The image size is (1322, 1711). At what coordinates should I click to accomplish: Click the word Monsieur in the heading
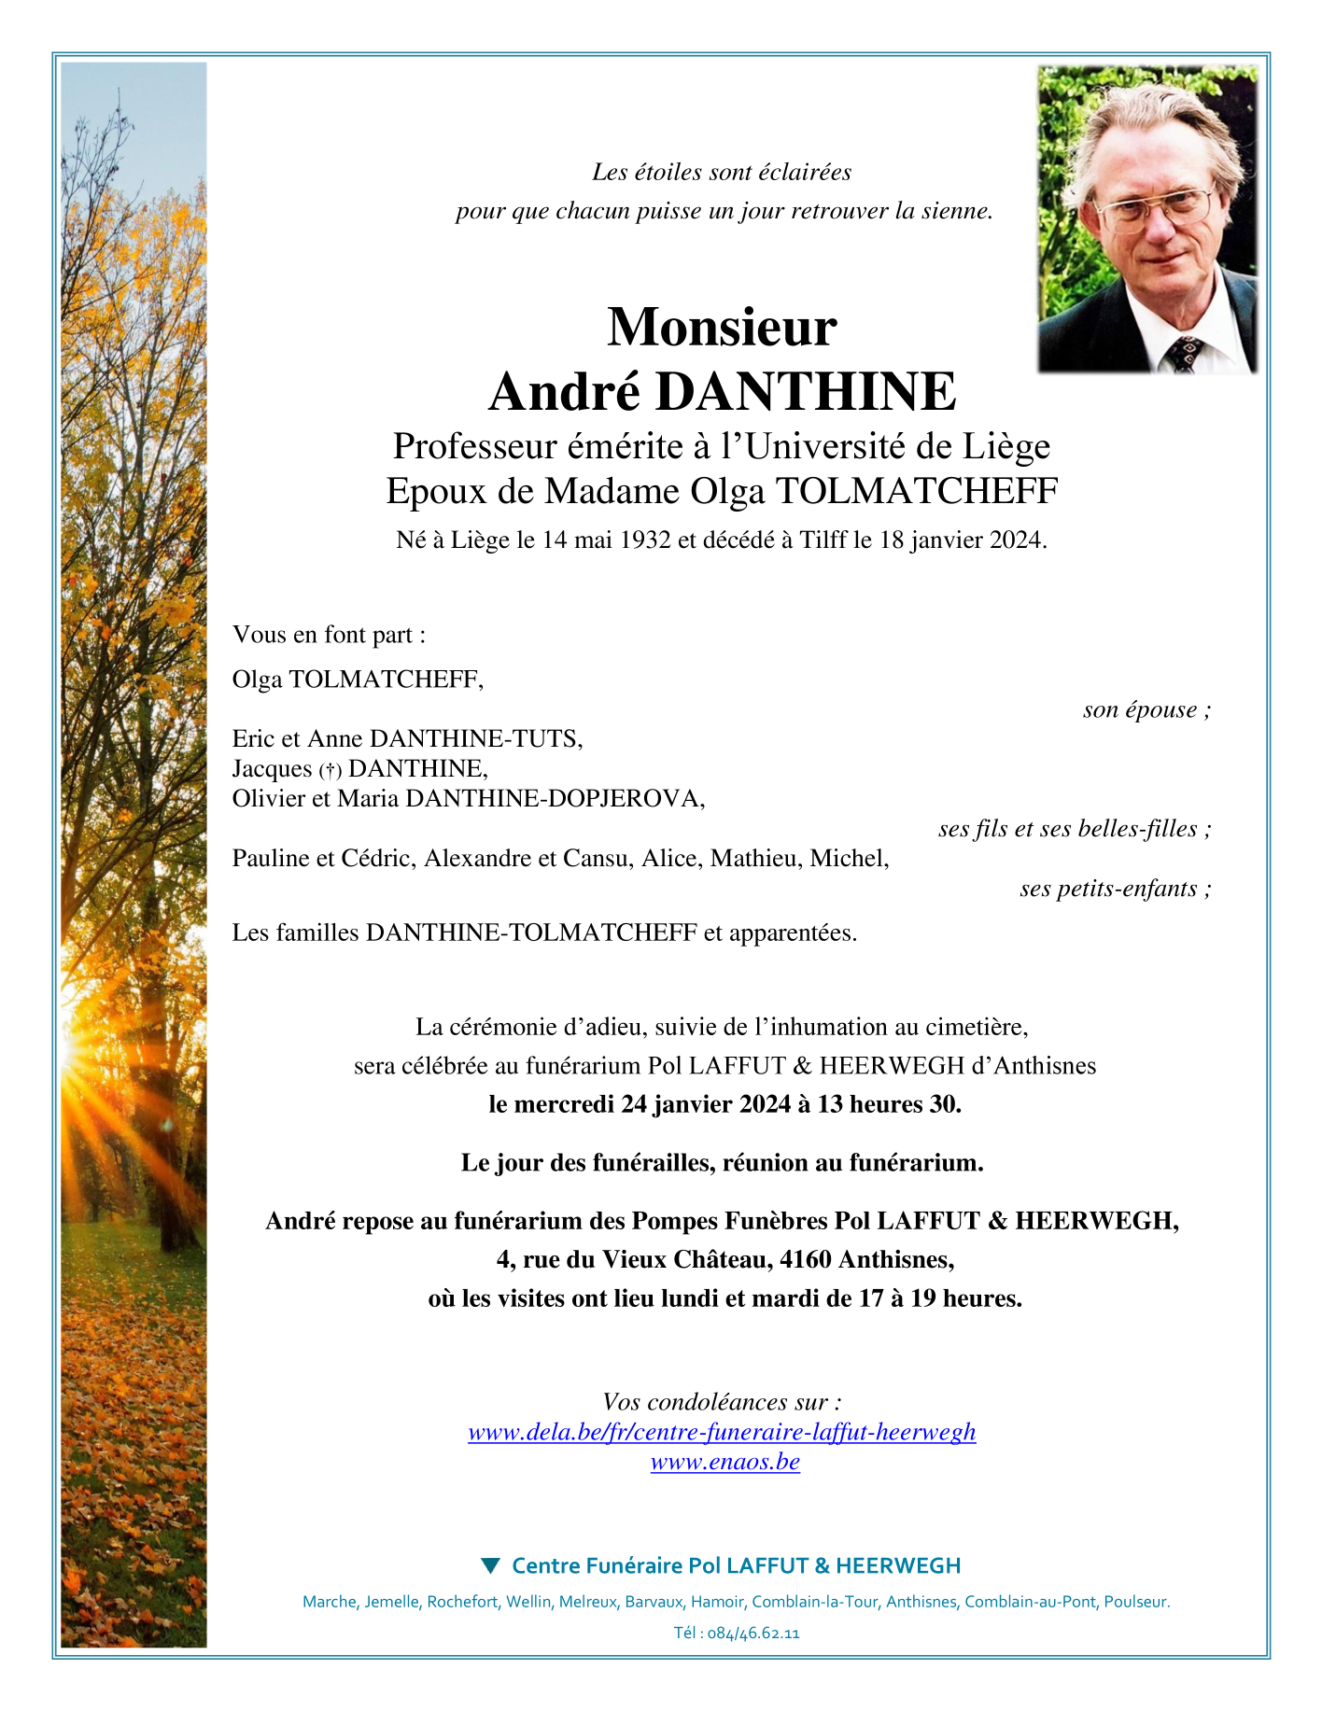722,327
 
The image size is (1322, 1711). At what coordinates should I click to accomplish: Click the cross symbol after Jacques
330,770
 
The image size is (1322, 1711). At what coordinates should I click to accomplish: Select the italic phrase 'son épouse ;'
1146,709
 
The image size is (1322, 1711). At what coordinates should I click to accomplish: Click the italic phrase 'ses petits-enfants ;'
1116,888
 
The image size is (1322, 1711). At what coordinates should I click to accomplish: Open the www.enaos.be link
724,1462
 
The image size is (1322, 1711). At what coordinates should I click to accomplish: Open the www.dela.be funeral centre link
722,1432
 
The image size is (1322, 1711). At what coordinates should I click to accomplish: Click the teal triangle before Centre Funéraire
490,1565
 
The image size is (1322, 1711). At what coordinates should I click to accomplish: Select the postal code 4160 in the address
805,1259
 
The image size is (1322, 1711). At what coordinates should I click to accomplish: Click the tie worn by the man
1184,354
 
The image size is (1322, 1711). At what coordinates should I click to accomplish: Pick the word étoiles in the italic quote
668,172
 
